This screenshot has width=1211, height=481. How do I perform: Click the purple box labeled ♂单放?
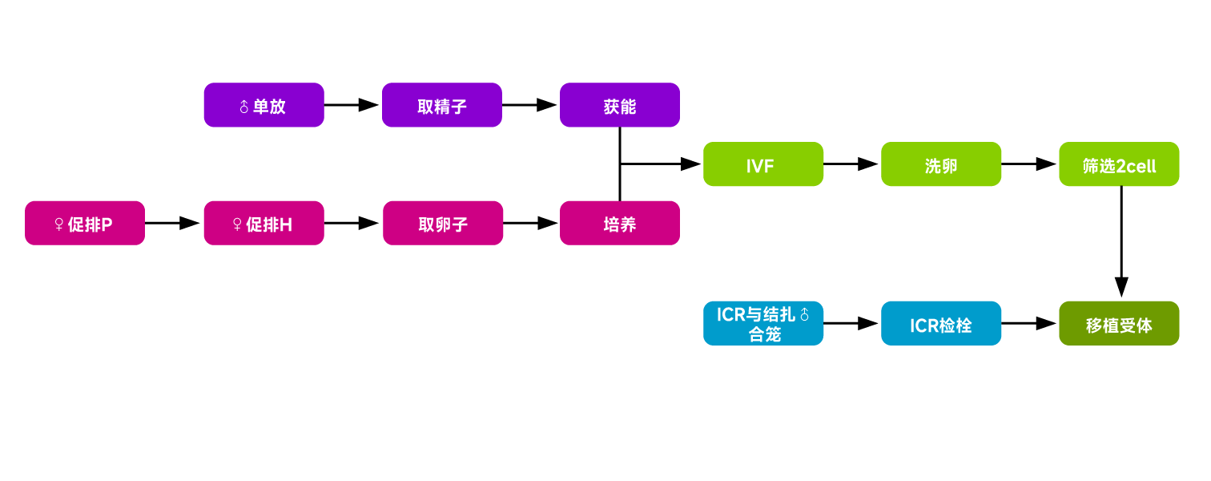[264, 105]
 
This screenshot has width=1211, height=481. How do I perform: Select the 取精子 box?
[442, 105]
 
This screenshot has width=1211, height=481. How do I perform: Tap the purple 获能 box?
[619, 105]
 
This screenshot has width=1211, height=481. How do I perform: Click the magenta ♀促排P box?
[85, 223]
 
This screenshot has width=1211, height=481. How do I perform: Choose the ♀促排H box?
[264, 223]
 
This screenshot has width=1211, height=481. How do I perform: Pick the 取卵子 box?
[442, 223]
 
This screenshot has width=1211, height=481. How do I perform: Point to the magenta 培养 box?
[619, 223]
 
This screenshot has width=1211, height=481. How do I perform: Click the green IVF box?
[762, 164]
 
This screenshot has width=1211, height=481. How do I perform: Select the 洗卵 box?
[941, 164]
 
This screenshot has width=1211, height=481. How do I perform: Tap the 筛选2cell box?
[1119, 164]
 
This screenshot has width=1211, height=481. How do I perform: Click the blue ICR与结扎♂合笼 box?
[762, 323]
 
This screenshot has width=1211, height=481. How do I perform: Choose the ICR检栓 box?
[941, 323]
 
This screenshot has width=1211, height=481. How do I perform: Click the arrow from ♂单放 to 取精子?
[352, 105]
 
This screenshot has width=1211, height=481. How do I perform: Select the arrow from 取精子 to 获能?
[530, 105]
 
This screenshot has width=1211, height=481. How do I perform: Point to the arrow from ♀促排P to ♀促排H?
[174, 223]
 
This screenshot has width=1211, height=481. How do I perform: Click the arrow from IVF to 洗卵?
[851, 164]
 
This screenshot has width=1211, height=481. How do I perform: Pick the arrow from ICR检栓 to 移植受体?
[1029, 323]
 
